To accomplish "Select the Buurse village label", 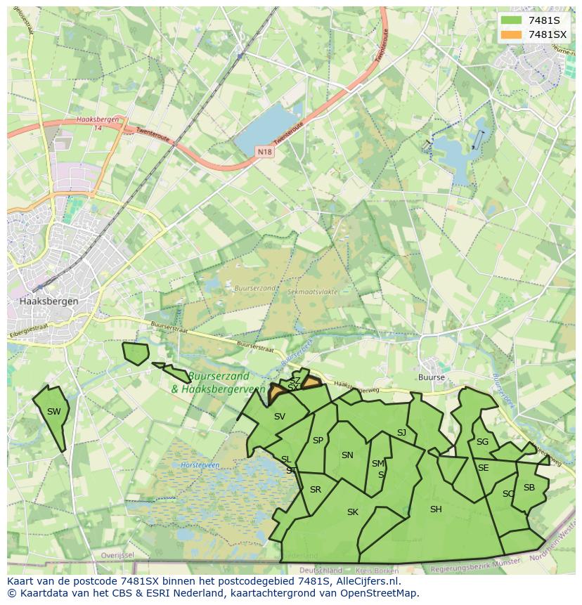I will [431, 377].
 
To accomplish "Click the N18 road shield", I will [264, 152].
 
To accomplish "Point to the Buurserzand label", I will [254, 288].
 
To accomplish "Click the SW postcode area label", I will [53, 412].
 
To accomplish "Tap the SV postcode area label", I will [280, 417].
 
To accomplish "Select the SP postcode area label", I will [318, 441].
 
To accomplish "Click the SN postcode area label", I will [347, 455].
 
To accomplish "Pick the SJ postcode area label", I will [401, 433].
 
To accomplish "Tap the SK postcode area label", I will [353, 512].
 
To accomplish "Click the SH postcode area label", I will [436, 509].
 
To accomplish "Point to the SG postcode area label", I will [482, 442].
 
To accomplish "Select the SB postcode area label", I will [529, 488].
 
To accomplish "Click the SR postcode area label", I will [316, 490].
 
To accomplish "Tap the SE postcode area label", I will [483, 468].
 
